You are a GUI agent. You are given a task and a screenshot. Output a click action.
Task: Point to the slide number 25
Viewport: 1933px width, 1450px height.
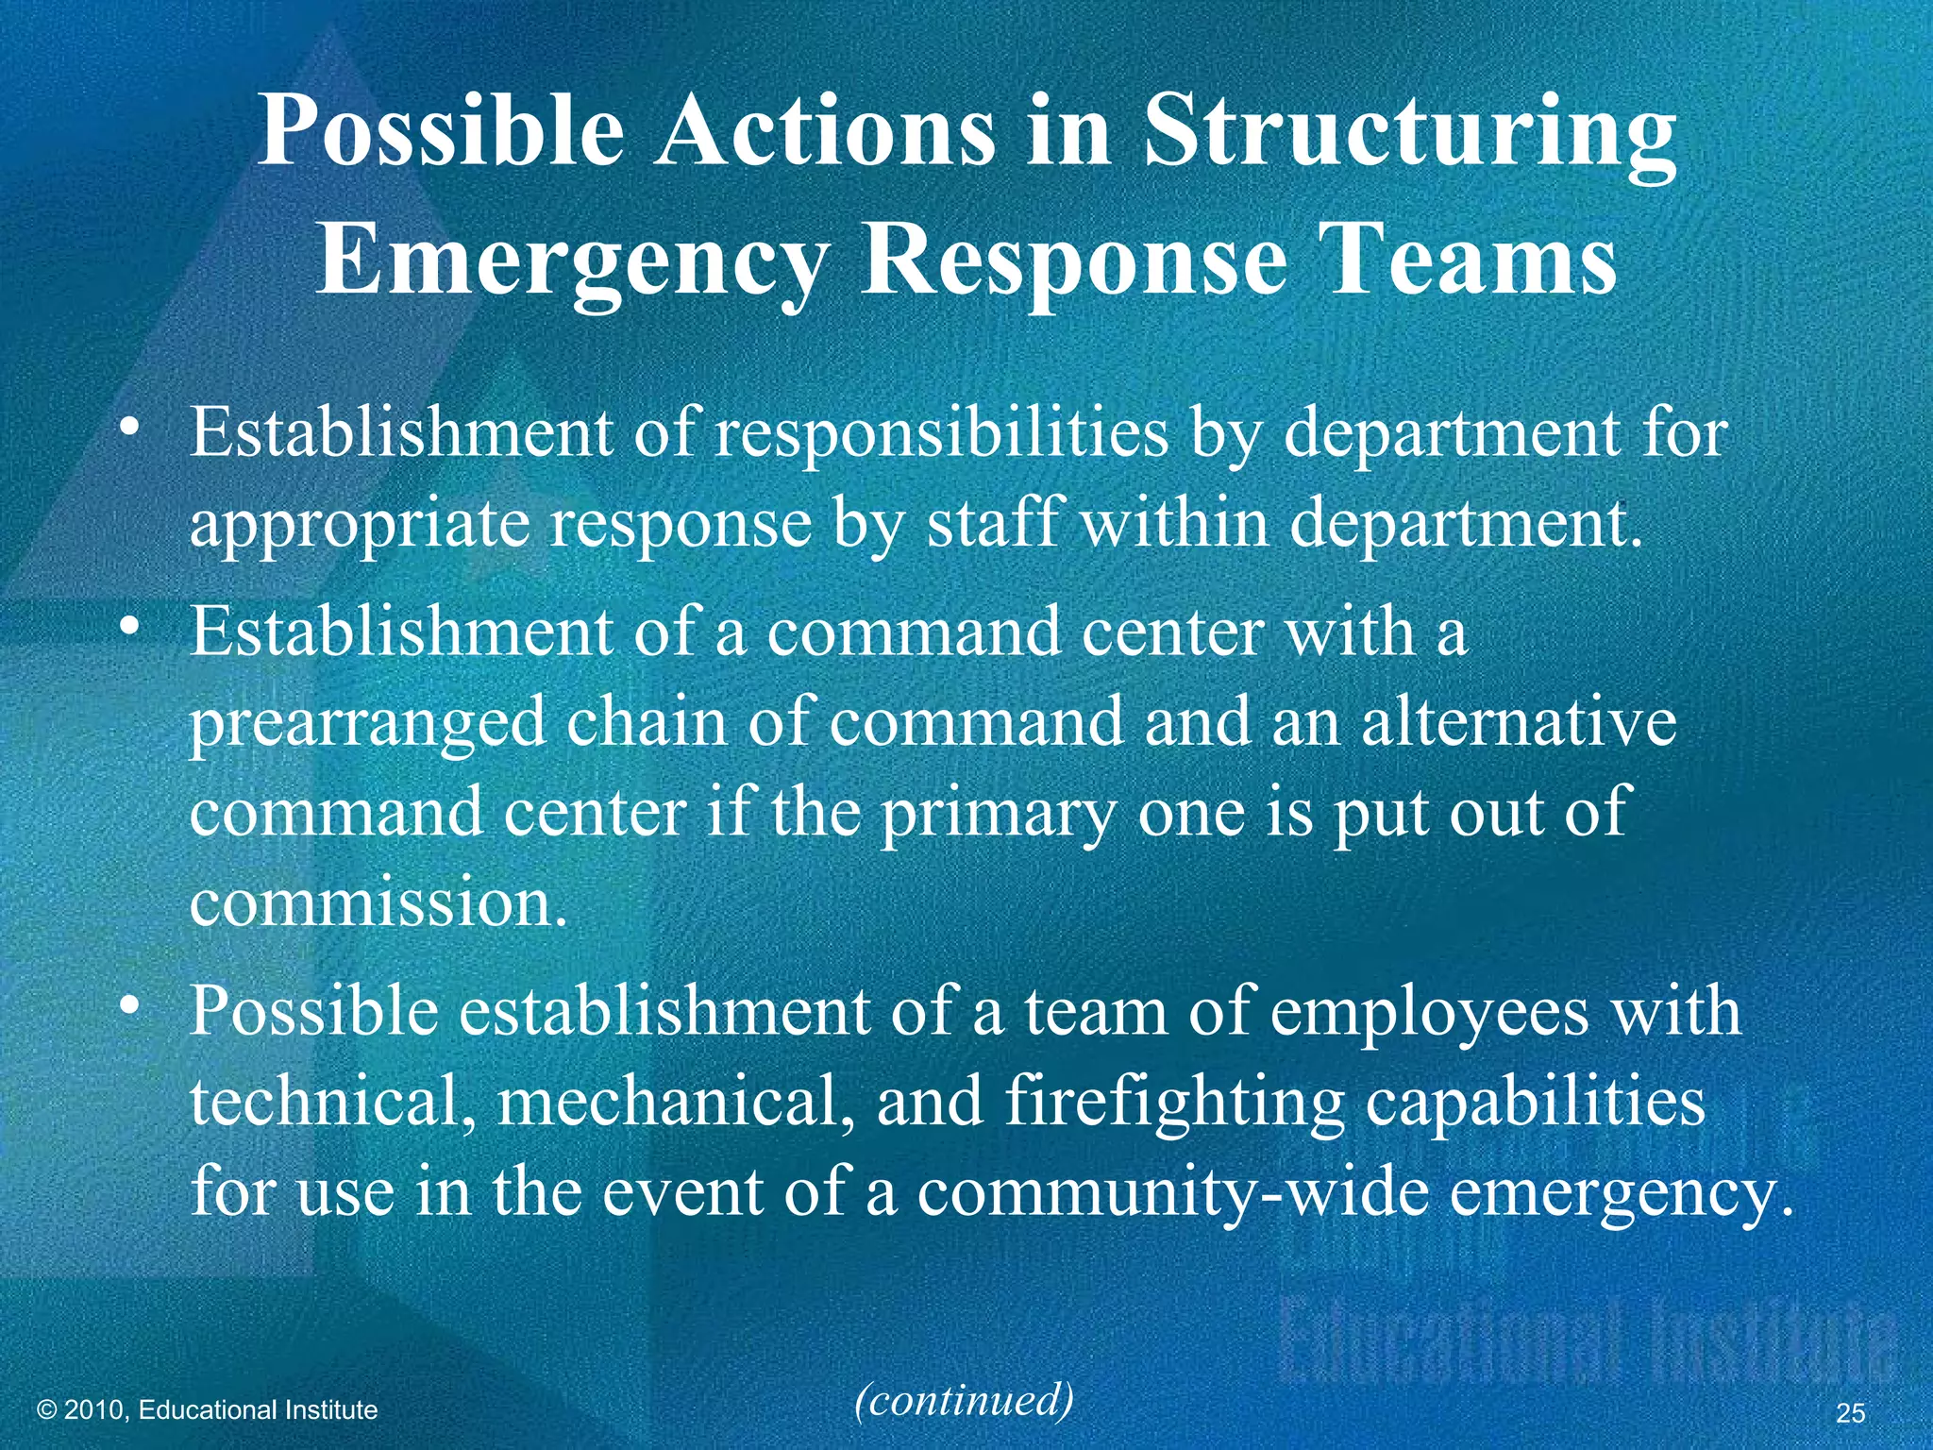1851,1413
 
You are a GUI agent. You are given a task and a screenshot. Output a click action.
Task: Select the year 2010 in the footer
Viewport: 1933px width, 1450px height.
98,1410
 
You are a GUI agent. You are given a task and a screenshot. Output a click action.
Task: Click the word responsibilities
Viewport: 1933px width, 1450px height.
941,434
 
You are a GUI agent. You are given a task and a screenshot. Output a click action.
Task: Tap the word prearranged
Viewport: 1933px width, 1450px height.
368,723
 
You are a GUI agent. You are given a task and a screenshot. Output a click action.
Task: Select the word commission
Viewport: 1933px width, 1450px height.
378,902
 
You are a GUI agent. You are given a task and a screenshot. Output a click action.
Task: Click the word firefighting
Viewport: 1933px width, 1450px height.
1174,1103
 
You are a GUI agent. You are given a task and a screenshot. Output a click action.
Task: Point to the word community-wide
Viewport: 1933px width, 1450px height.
1173,1193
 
